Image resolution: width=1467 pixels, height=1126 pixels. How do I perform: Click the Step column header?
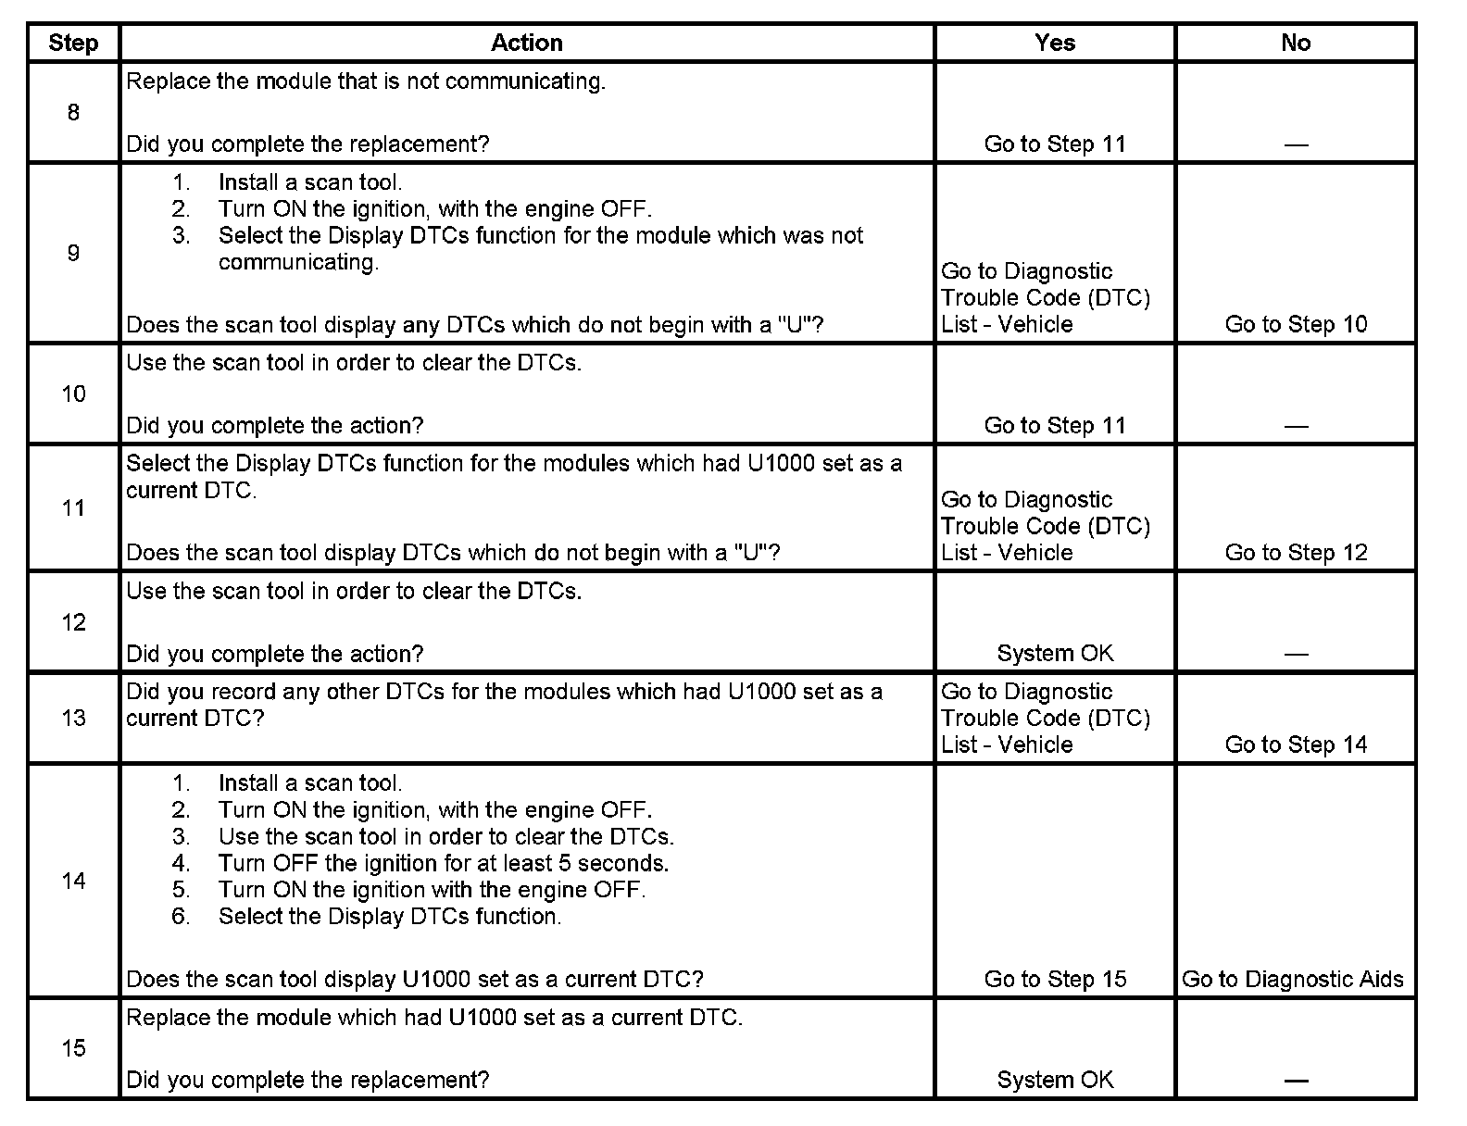(x=73, y=43)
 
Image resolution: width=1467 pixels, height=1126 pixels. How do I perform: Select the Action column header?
(x=526, y=43)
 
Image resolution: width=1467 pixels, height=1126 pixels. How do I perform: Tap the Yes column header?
(x=1055, y=43)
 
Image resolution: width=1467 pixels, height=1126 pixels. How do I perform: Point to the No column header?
(x=1296, y=43)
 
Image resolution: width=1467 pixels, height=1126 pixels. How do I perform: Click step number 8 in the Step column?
(x=73, y=113)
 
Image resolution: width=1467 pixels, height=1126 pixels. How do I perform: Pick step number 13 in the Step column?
(x=73, y=719)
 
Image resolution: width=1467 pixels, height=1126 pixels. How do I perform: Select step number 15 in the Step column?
(x=73, y=1048)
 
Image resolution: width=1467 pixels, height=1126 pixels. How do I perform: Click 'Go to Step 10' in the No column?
(x=1296, y=324)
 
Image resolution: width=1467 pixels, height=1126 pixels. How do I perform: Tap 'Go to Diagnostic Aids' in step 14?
(x=1293, y=979)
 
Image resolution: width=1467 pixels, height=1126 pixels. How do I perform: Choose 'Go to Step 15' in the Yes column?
(x=1055, y=979)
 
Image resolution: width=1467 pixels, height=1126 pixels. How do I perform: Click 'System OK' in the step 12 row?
(x=1055, y=653)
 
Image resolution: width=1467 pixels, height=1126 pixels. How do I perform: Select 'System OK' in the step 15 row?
(x=1055, y=1080)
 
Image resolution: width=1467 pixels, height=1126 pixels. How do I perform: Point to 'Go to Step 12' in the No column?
(x=1296, y=552)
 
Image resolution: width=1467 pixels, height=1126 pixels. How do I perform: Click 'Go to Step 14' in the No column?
(x=1296, y=744)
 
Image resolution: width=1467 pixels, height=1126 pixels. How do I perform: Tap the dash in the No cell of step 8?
(x=1296, y=144)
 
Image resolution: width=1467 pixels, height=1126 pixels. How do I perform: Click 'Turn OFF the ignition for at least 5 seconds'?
(x=443, y=863)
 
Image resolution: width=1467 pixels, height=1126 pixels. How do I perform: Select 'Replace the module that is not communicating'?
(x=365, y=81)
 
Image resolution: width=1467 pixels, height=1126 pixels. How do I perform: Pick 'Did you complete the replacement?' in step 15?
(x=307, y=1080)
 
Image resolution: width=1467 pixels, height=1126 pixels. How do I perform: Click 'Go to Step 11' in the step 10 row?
(x=1055, y=425)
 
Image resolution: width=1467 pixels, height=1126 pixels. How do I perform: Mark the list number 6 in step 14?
(x=181, y=917)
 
